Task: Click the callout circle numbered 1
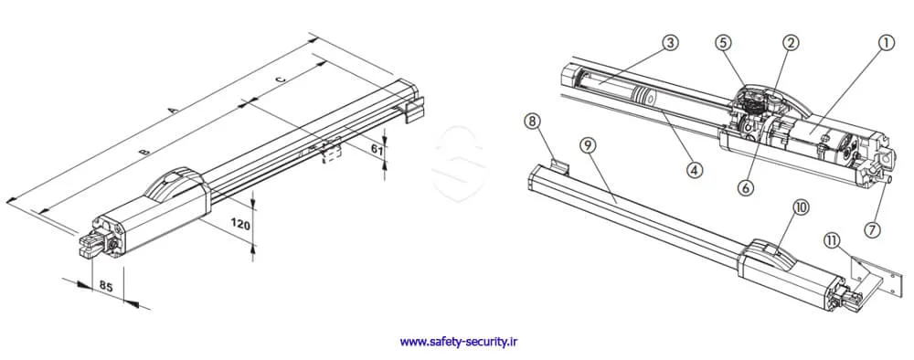click(886, 43)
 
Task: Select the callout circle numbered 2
click(791, 43)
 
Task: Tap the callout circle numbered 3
click(671, 43)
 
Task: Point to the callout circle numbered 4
click(694, 170)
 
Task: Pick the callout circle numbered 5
click(723, 43)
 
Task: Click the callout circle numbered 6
click(746, 187)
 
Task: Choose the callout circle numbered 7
click(871, 229)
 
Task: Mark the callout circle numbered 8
click(531, 122)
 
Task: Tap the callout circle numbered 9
click(588, 145)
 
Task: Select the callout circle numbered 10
click(802, 207)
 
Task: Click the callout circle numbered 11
click(832, 238)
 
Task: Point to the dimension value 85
click(106, 286)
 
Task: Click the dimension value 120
click(241, 223)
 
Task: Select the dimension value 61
click(377, 149)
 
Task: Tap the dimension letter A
click(172, 110)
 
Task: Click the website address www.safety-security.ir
click(459, 342)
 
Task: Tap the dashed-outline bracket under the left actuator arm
click(331, 153)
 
